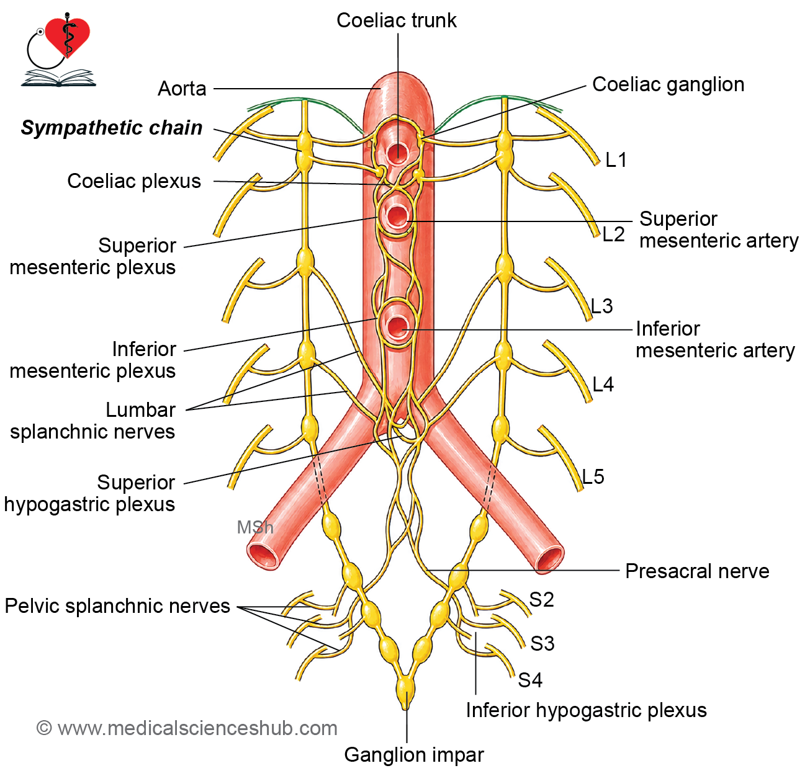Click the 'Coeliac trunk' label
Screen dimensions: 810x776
396,20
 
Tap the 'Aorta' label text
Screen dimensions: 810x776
182,89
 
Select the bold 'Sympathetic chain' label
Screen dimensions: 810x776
112,128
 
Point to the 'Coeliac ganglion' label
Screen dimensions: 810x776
668,85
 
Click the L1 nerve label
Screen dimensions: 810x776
616,160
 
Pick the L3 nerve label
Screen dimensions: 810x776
602,306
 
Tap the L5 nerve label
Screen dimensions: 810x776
593,477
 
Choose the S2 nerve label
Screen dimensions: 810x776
541,600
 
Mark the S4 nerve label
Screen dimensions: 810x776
530,680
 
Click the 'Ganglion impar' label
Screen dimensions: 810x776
414,755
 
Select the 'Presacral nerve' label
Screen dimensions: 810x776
697,571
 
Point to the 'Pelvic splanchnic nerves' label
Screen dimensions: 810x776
117,606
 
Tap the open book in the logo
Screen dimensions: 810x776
59,78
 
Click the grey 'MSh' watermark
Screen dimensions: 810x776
255,528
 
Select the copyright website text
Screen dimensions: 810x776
187,729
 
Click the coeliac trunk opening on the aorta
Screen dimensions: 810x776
397,153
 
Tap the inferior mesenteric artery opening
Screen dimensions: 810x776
397,327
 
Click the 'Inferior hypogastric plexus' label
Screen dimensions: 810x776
587,710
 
